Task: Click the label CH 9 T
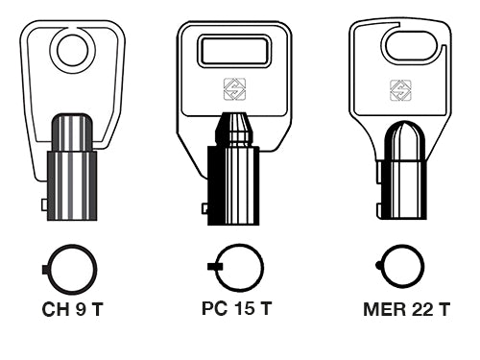pos(72,309)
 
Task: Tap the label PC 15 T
pos(236,308)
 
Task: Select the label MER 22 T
pos(407,309)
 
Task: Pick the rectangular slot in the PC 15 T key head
pos(234,51)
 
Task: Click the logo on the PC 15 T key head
pos(234,88)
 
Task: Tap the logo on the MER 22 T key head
pos(400,90)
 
